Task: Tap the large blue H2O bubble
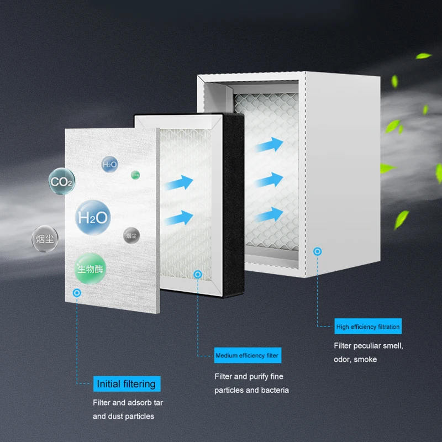coord(92,218)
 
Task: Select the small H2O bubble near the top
coord(110,164)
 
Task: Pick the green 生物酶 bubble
coord(90,269)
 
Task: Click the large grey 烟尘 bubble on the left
coord(45,239)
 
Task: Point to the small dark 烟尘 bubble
coord(131,235)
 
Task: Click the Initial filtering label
coord(125,383)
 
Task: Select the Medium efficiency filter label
coord(247,355)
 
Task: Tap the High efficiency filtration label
coord(367,327)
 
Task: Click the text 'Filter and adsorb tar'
coord(128,402)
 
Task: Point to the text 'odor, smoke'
coord(355,360)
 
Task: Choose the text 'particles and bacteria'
coord(251,390)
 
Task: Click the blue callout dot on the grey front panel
coord(77,293)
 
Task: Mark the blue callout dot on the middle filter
coord(198,274)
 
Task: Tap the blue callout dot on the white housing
coord(317,252)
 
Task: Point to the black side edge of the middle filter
coord(233,204)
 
